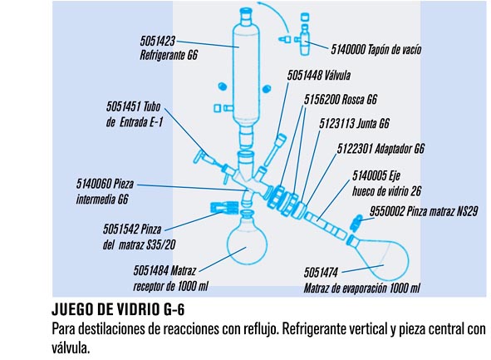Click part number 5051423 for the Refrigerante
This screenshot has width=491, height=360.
point(158,41)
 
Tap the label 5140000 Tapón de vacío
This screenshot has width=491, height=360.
point(376,50)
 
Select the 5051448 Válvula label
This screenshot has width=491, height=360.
point(319,75)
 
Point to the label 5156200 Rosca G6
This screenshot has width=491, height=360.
point(341,99)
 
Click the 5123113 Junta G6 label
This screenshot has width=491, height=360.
point(354,123)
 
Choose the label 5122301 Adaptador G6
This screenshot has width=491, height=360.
point(381,148)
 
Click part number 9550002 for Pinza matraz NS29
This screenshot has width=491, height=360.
point(387,211)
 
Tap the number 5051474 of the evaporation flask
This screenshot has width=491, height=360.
point(321,273)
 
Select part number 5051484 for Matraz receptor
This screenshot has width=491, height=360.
point(151,270)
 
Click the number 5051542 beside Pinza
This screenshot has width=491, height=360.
point(120,229)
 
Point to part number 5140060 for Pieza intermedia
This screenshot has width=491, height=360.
point(93,184)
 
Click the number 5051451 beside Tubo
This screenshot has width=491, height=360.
point(123,106)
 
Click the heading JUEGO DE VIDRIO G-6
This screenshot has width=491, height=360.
point(118,309)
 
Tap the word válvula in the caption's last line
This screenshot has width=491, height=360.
point(71,348)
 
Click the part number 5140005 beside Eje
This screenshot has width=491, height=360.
point(370,175)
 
